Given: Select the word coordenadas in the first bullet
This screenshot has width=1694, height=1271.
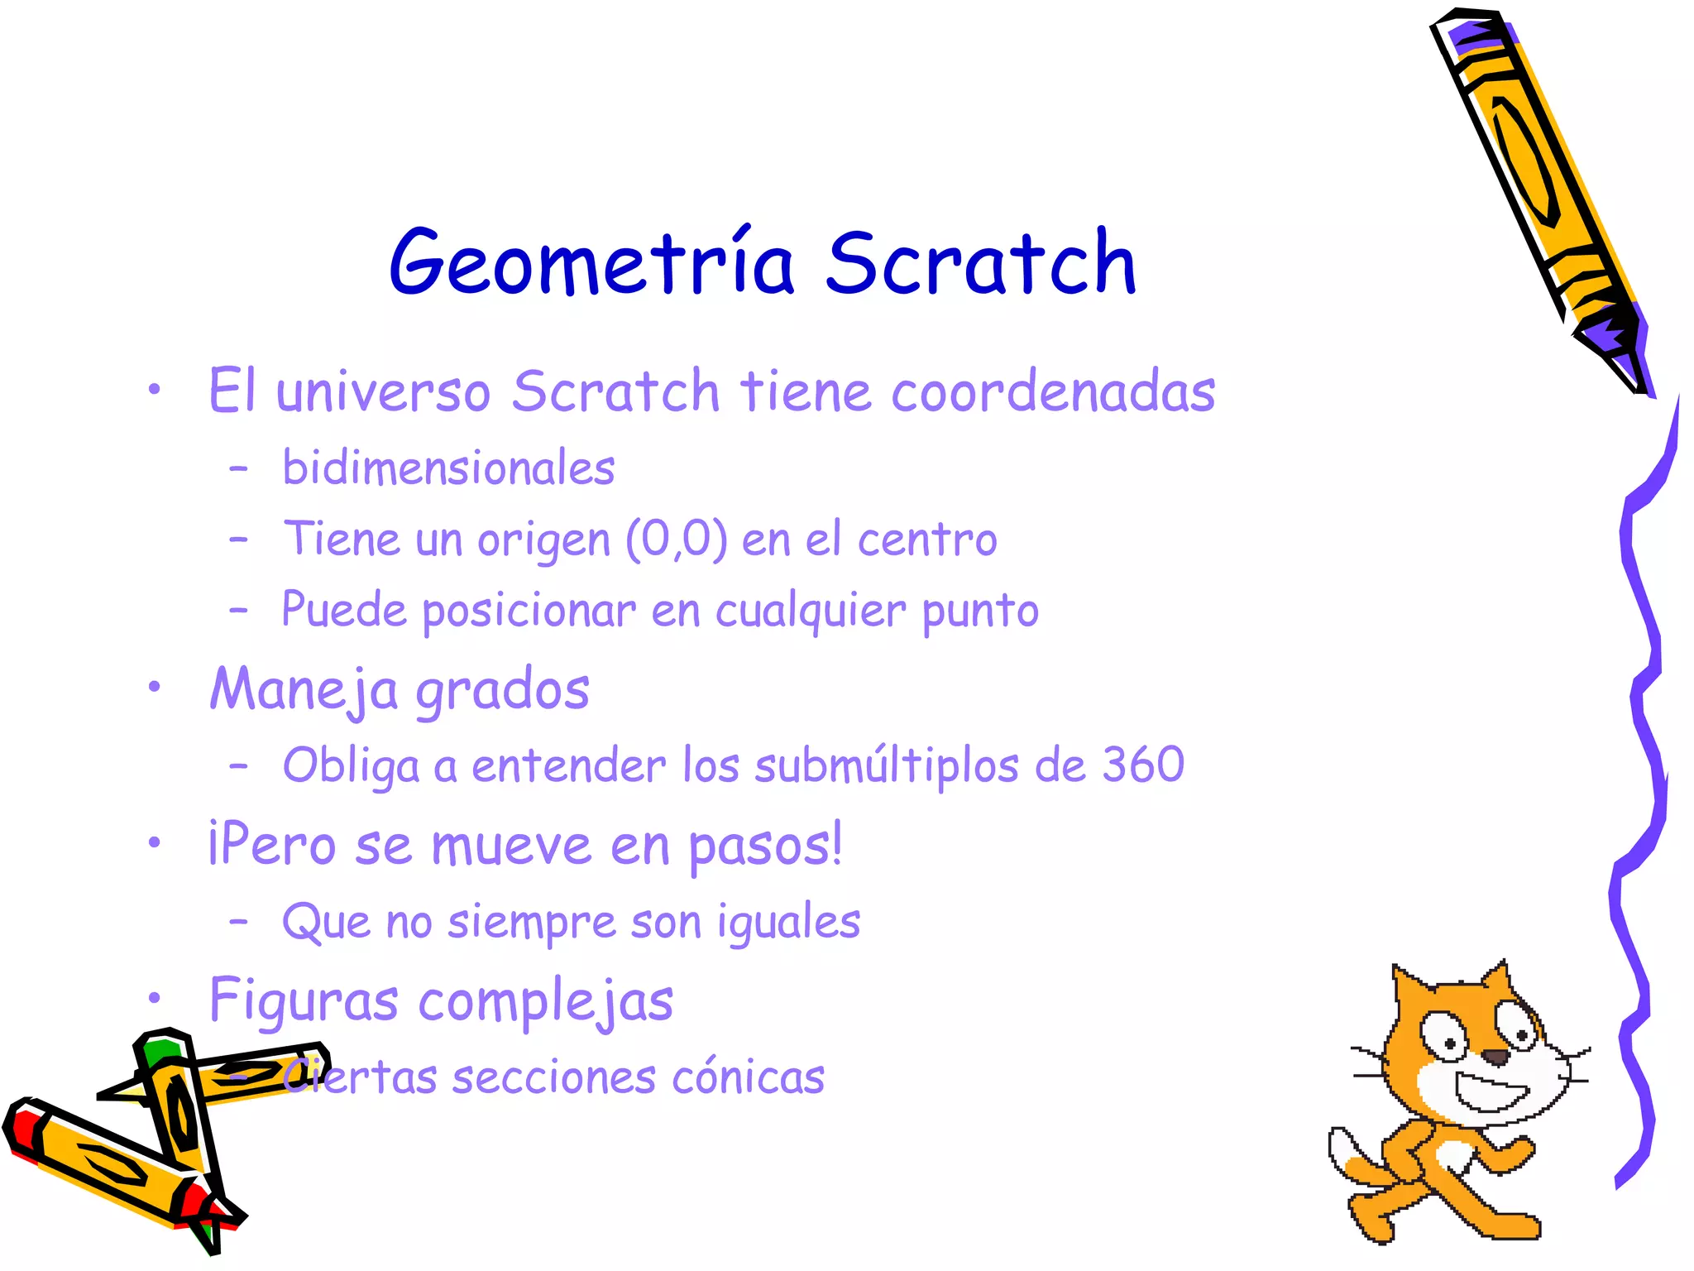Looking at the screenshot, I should [x=1053, y=391].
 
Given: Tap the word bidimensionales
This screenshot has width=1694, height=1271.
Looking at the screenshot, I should [x=448, y=468].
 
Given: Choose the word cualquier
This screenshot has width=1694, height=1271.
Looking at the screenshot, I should [x=811, y=612].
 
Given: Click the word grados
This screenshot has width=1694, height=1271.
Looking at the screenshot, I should [x=502, y=689].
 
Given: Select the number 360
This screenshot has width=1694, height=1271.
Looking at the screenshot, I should [x=1143, y=764].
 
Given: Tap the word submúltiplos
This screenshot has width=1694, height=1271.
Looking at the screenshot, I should [x=887, y=765].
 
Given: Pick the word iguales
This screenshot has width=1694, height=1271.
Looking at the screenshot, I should [x=789, y=922].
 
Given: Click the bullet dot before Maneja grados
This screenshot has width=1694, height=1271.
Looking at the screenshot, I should [x=154, y=686].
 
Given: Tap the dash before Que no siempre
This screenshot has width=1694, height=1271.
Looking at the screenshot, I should [x=238, y=920].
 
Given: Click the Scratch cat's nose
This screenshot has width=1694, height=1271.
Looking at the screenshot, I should [x=1494, y=1057].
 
